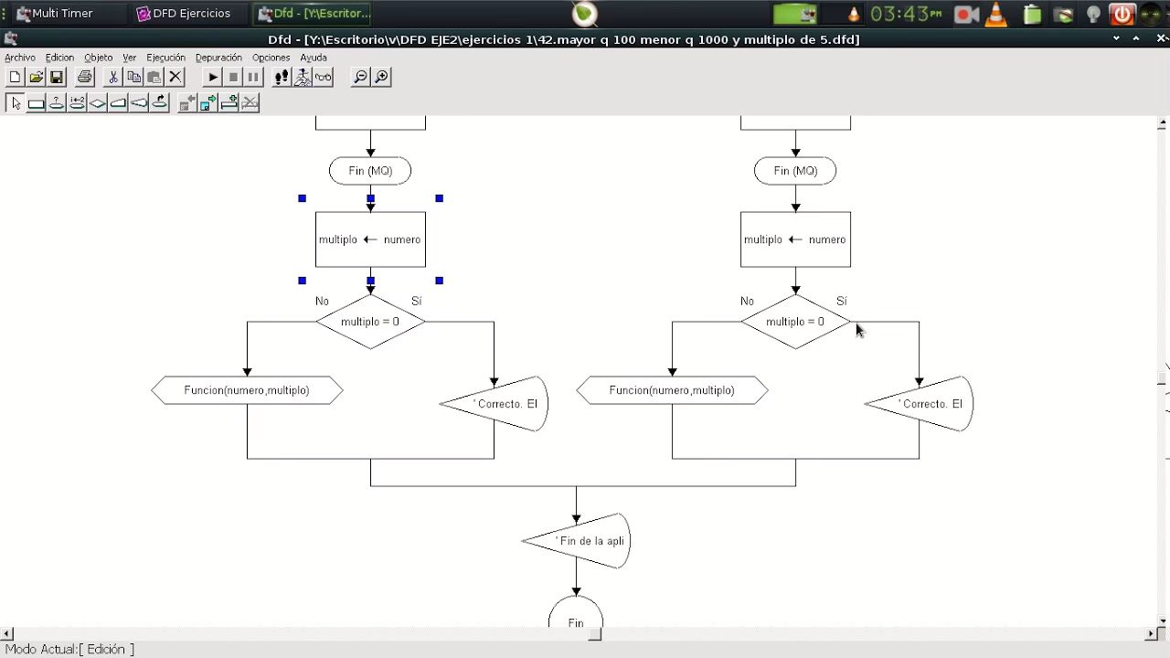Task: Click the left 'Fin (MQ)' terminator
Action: [370, 171]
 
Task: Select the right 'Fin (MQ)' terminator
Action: [795, 171]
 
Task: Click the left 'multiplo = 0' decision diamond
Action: [370, 322]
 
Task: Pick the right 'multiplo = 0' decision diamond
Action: [795, 322]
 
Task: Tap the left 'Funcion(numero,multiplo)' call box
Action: [247, 390]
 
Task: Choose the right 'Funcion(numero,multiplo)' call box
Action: [672, 390]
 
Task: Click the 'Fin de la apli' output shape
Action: [581, 541]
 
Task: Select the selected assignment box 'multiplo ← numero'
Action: [370, 239]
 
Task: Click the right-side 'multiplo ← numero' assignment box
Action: [795, 239]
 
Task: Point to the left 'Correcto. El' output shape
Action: [499, 404]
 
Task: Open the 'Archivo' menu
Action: [20, 58]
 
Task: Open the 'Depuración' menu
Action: [218, 58]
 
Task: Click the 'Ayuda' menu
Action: [314, 58]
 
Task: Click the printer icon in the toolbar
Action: [85, 77]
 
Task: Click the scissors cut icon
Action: [112, 77]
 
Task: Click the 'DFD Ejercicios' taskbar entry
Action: [183, 14]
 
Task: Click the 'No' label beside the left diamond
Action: [322, 301]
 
